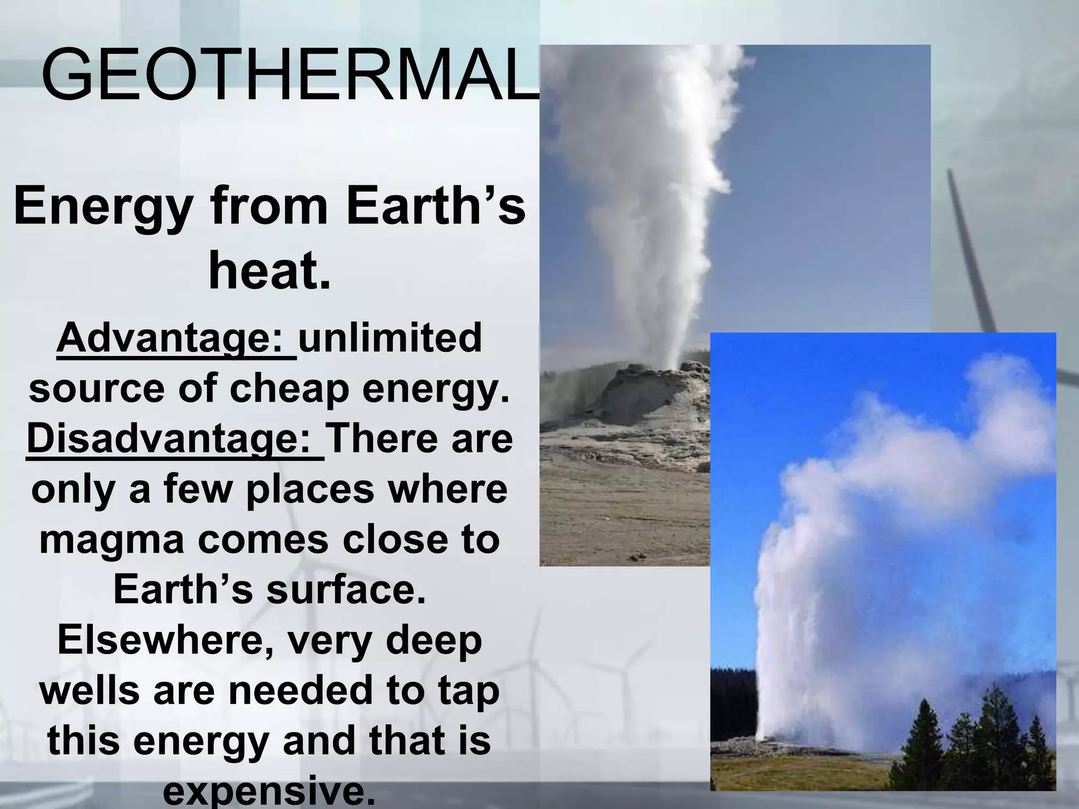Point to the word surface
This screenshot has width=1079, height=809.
click(x=345, y=590)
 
